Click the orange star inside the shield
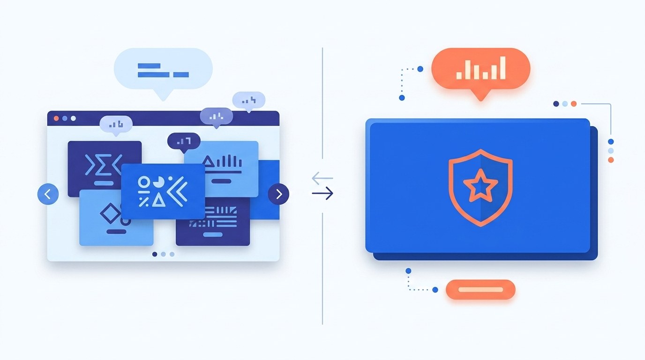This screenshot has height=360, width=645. [x=480, y=186]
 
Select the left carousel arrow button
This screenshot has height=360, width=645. [x=48, y=194]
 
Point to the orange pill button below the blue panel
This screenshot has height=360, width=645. [x=480, y=290]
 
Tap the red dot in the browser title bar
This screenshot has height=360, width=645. [x=56, y=118]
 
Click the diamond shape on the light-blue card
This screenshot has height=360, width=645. [x=110, y=214]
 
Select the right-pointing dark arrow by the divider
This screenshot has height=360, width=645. [x=322, y=193]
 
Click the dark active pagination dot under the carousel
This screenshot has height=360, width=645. [x=155, y=254]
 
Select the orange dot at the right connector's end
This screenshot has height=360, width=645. [x=610, y=160]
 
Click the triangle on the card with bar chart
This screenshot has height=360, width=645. [x=208, y=162]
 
